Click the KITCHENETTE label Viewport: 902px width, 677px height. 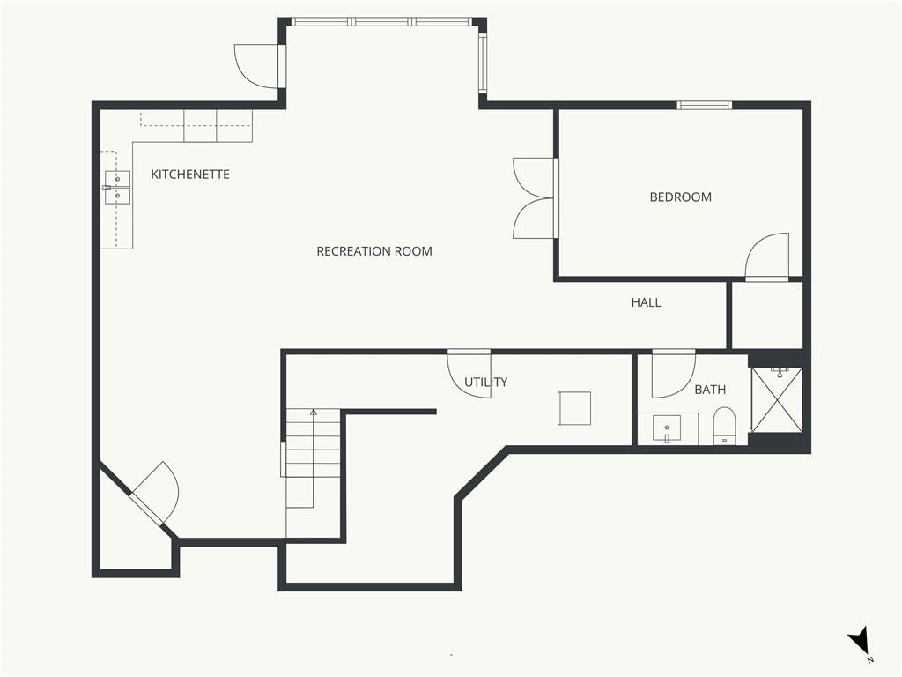(x=190, y=174)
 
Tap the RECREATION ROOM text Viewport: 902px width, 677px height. (x=374, y=251)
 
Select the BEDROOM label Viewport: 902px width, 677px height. (x=681, y=197)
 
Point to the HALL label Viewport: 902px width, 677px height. (x=646, y=302)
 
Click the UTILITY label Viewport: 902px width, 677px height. (x=486, y=382)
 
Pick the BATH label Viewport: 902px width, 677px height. (x=710, y=390)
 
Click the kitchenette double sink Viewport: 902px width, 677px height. (x=117, y=188)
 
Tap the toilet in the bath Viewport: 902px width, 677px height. (x=724, y=426)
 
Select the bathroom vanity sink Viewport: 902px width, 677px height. (x=667, y=429)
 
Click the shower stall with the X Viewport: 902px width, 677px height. (x=777, y=399)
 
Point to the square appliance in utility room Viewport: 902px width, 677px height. (x=574, y=408)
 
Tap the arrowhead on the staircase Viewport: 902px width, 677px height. (x=313, y=413)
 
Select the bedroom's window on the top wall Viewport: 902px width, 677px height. (x=704, y=106)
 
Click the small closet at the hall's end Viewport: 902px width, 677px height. (x=767, y=315)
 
